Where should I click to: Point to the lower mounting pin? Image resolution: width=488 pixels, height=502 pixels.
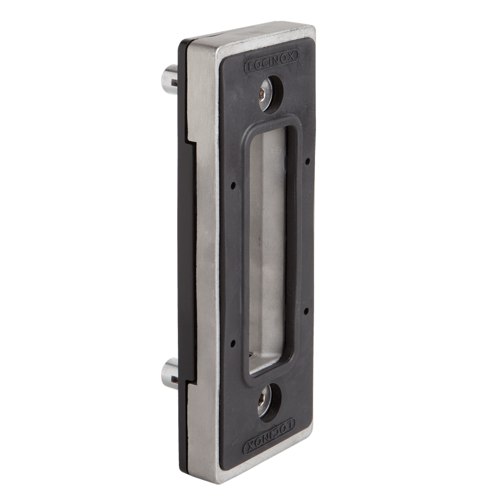point(169,374)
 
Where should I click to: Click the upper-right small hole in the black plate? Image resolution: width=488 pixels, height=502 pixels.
point(307,161)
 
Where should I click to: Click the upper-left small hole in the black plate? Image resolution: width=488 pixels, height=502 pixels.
point(233,185)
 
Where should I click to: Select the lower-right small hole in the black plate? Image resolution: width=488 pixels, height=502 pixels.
point(306,310)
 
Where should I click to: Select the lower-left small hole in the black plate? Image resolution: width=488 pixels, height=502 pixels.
point(233,344)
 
